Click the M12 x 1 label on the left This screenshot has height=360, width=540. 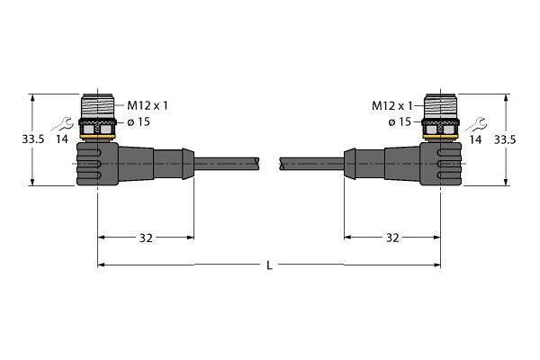[148, 105]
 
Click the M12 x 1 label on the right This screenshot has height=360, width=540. [391, 106]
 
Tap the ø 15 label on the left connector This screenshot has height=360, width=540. [139, 122]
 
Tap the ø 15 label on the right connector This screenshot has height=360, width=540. [400, 122]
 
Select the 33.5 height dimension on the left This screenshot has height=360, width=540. [33, 139]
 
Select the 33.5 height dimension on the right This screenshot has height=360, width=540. [505, 139]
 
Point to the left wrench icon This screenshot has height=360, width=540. [61, 124]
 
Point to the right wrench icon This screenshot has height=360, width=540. [475, 124]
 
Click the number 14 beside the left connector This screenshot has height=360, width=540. [62, 139]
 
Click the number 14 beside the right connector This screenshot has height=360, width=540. [475, 139]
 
